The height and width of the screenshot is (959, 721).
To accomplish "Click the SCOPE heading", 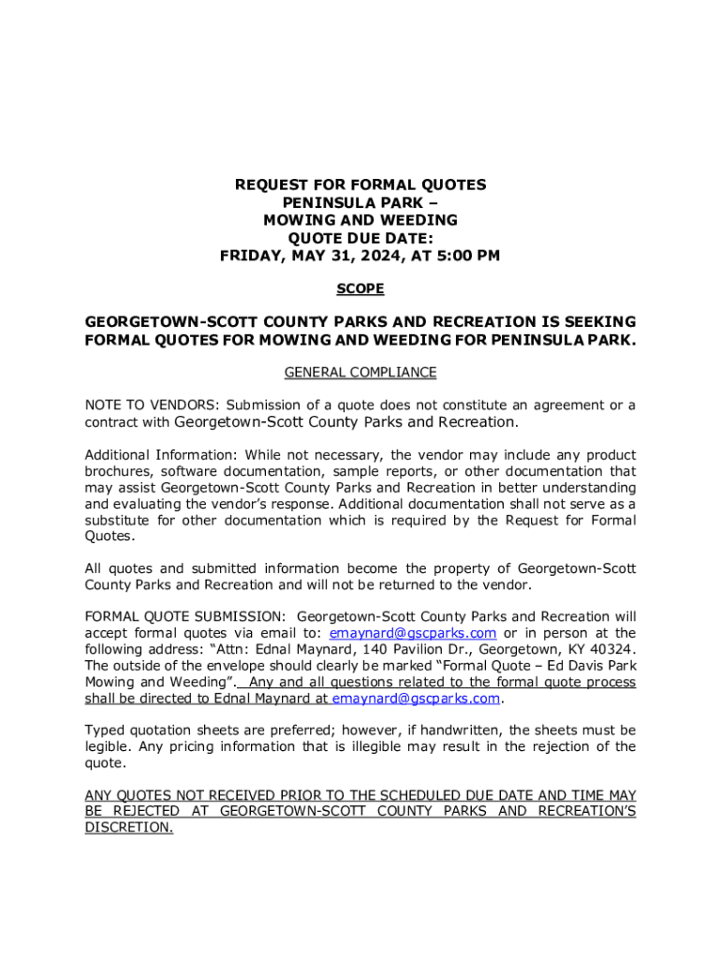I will [360, 289].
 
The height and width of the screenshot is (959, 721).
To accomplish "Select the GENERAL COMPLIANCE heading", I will [360, 373].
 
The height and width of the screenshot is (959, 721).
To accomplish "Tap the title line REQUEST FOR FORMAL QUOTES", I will [360, 185].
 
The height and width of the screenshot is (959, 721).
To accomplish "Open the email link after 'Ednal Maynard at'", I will [417, 699].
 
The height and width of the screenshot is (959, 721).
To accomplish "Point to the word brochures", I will [119, 471].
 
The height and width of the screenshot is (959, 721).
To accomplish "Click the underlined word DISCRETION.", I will [128, 828].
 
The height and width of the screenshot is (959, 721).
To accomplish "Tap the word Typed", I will [105, 730].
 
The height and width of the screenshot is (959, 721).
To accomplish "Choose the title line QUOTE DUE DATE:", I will [360, 238].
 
